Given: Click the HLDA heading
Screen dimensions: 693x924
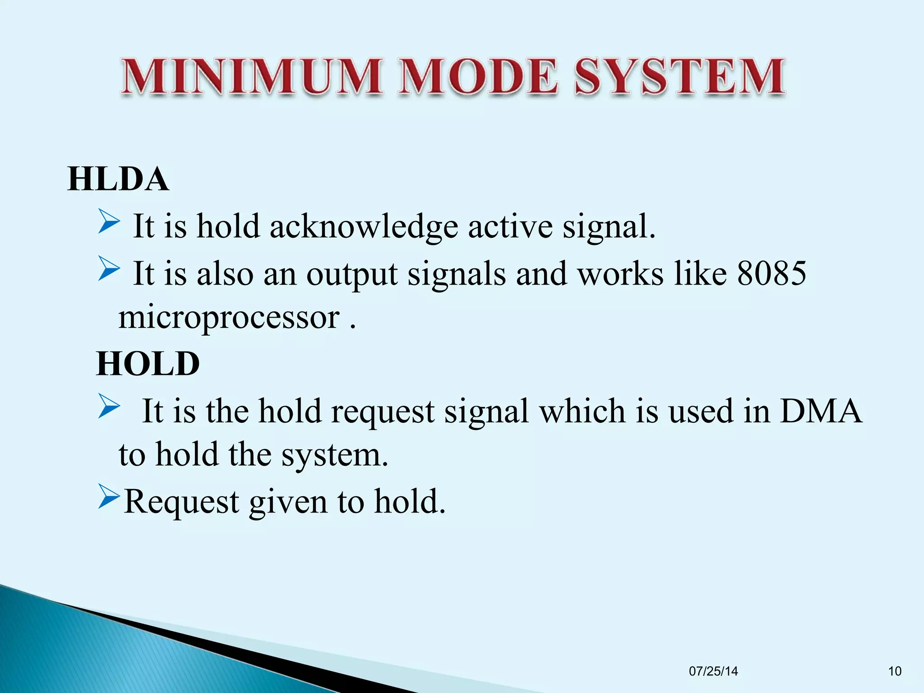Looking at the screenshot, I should [118, 180].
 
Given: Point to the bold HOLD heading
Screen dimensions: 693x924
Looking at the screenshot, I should [148, 364].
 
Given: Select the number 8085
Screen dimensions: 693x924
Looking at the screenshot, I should [772, 273].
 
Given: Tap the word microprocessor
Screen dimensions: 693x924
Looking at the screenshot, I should [229, 317].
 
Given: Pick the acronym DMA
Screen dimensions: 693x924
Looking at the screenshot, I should [821, 411].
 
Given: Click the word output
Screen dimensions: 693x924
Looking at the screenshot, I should [352, 274].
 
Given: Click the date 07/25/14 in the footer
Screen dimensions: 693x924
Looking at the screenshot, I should [713, 671].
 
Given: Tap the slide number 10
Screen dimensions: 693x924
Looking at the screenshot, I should [895, 671].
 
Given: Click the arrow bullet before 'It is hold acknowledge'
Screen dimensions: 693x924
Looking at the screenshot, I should [109, 222].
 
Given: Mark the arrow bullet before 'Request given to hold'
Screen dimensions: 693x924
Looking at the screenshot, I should [109, 498].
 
